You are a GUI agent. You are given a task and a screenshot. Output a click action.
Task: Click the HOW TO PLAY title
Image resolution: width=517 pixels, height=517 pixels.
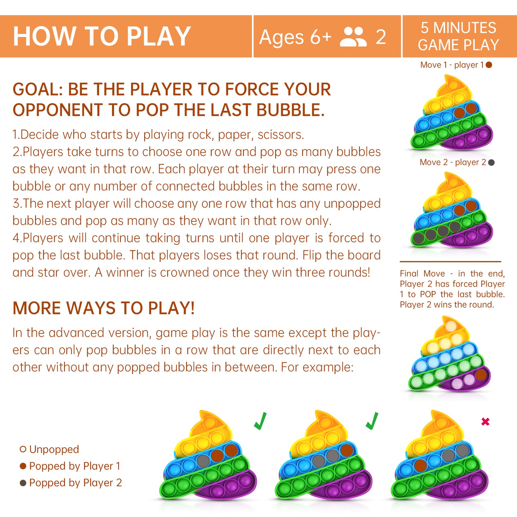tap(102, 36)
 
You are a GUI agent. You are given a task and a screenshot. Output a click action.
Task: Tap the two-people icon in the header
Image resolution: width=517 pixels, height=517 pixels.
tap(353, 37)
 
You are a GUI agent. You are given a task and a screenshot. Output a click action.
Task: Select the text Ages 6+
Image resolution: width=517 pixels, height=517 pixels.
tap(296, 37)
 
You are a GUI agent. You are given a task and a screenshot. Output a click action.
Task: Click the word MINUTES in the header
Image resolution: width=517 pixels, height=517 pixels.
tap(465, 28)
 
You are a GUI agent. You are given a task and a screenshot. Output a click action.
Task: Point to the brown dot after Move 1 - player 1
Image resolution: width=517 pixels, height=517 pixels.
tap(489, 65)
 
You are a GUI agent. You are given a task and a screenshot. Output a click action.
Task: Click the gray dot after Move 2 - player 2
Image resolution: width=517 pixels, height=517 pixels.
tap(491, 162)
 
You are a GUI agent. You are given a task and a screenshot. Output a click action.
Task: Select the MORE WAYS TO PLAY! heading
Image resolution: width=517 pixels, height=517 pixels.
tap(104, 308)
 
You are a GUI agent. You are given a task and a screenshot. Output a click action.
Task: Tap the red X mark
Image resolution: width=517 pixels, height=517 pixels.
tap(486, 422)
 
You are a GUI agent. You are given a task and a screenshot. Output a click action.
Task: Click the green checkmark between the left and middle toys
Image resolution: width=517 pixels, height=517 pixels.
tap(260, 421)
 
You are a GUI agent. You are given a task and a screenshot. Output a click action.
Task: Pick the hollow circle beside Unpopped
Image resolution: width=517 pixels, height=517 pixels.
tap(23, 449)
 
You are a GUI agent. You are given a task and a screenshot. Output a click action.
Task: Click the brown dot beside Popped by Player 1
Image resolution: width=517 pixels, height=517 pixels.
tap(23, 466)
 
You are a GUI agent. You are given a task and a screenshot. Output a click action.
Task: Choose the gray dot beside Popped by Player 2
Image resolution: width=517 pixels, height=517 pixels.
tap(23, 483)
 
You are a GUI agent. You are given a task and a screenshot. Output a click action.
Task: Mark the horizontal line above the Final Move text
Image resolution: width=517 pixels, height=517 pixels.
tap(450, 261)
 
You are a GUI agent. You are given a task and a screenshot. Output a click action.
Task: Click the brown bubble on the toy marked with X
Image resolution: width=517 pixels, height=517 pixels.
tap(420, 465)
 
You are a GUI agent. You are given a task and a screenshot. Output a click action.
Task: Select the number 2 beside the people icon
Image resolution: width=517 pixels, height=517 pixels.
tap(381, 37)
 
